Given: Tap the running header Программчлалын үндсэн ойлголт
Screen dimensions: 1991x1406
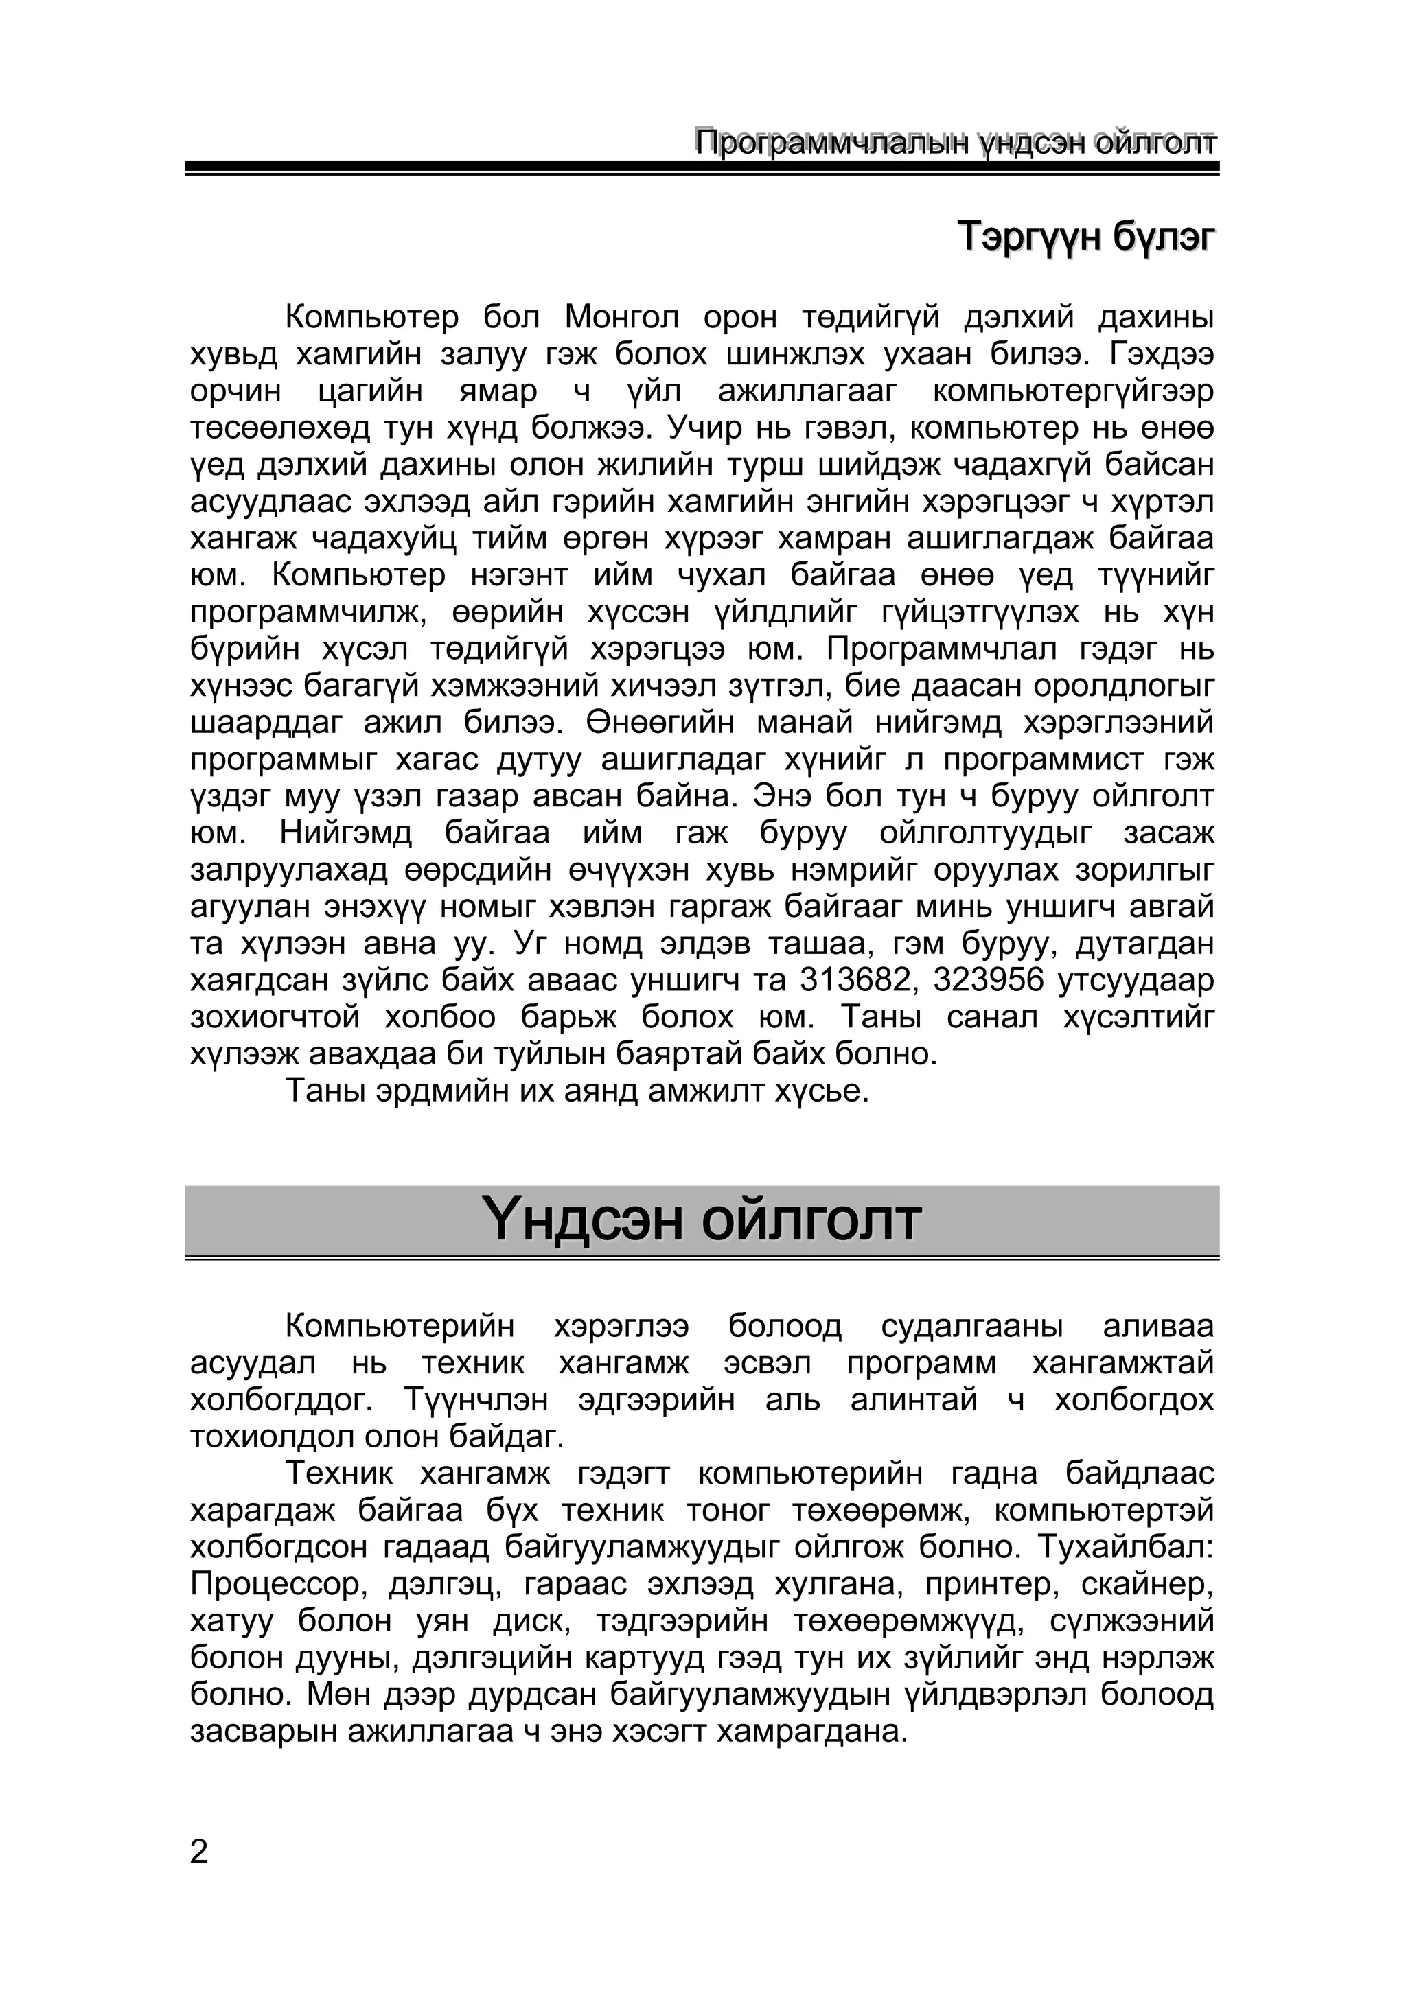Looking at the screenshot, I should (x=955, y=142).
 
